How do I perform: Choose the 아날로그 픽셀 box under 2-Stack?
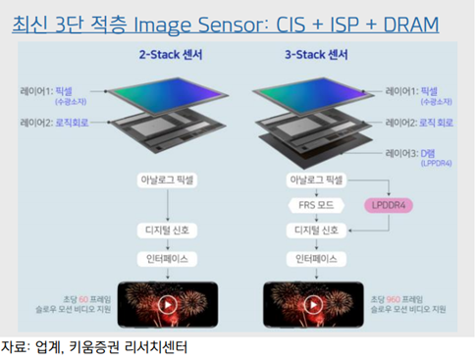(x=170, y=181)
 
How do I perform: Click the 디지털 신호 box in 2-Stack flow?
(x=170, y=231)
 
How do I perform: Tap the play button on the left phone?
(x=170, y=305)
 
